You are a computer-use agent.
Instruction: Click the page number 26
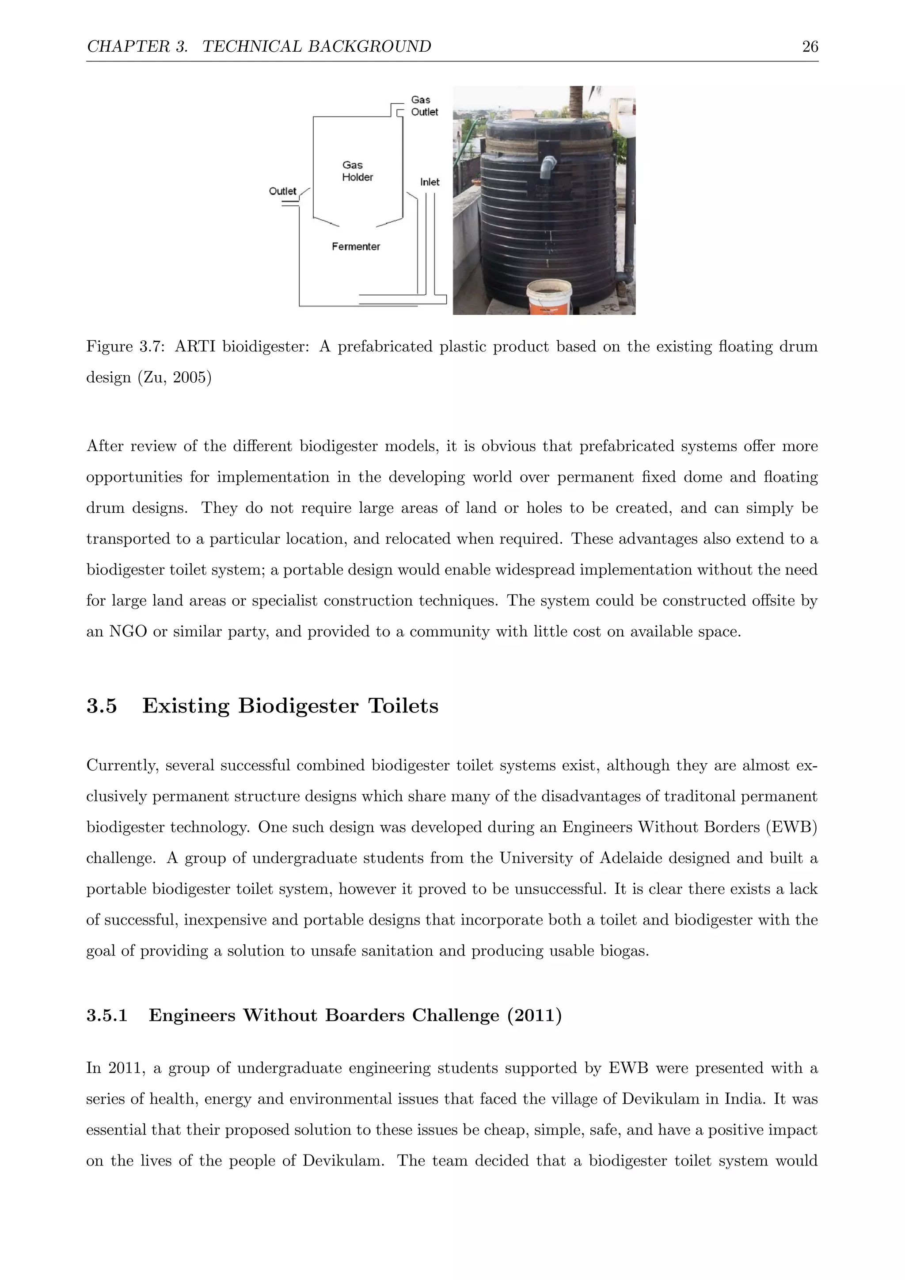pyautogui.click(x=810, y=46)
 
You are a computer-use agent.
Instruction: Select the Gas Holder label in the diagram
pyautogui.click(x=357, y=171)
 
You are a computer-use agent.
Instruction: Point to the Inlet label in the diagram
pyautogui.click(x=429, y=182)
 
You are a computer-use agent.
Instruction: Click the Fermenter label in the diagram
pyautogui.click(x=356, y=247)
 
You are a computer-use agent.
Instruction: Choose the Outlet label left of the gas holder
pyautogui.click(x=282, y=191)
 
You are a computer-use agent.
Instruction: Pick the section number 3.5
pyautogui.click(x=102, y=706)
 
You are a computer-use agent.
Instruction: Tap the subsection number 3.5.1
pyautogui.click(x=107, y=1015)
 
